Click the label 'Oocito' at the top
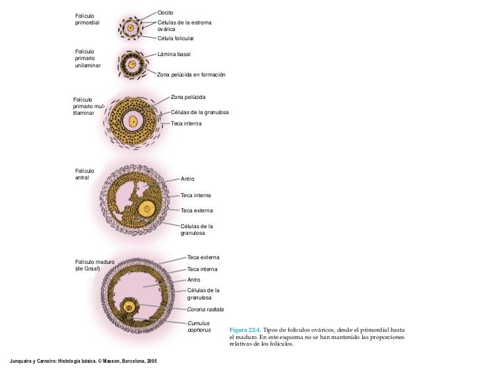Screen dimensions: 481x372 pyautogui.click(x=164, y=13)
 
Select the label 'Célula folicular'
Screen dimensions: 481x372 pyautogui.click(x=176, y=39)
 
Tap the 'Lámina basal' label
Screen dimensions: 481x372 pyautogui.click(x=174, y=54)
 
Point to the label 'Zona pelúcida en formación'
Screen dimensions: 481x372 pyautogui.click(x=191, y=75)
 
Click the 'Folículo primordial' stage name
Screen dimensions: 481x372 pyautogui.click(x=88, y=19)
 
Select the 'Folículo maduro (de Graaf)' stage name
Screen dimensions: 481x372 pyautogui.click(x=95, y=265)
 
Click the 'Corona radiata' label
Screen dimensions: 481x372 pyautogui.click(x=205, y=309)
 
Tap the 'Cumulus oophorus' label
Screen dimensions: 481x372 pyautogui.click(x=199, y=326)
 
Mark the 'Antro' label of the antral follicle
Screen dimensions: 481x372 pyautogui.click(x=187, y=179)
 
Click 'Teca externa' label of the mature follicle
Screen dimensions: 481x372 pyautogui.click(x=203, y=257)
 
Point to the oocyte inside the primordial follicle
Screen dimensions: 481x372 pyautogui.click(x=131, y=28)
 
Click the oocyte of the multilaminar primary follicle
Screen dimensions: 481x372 pyautogui.click(x=134, y=121)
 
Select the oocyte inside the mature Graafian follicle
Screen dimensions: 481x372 pyautogui.click(x=129, y=308)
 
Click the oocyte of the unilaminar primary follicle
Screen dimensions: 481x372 pyautogui.click(x=132, y=65)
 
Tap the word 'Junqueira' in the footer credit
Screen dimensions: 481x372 pyautogui.click(x=18, y=361)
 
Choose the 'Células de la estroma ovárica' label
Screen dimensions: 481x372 pyautogui.click(x=184, y=26)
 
